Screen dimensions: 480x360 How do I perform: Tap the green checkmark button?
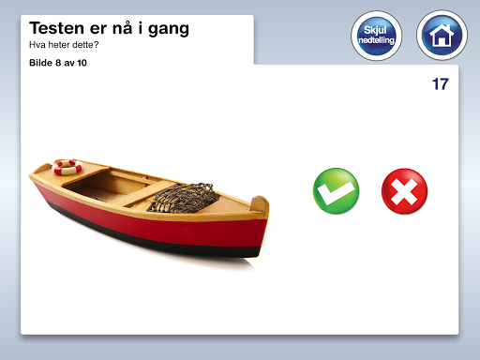coord(336,191)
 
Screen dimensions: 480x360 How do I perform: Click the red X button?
coord(404,191)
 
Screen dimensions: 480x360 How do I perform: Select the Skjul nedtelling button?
coord(377,36)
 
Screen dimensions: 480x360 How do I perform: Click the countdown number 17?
coord(441,84)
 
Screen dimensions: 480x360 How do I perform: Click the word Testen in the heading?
coord(56,28)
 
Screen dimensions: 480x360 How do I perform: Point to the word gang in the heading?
coord(169,29)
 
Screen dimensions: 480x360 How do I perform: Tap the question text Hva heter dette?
coord(64,45)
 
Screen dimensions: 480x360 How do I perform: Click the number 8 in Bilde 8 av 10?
coord(58,63)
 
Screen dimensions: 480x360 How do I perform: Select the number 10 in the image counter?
coord(82,63)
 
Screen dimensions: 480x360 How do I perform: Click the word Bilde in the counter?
coord(40,63)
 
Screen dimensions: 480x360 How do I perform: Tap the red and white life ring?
coord(67,167)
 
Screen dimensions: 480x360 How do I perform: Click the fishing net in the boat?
coord(183,198)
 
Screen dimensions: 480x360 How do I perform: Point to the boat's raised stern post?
coord(260,205)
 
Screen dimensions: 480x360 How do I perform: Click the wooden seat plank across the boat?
coord(148,194)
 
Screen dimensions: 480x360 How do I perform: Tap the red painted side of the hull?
coord(157,222)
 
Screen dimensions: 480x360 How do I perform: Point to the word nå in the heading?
coord(122,27)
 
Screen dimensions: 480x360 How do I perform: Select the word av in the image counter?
coord(68,64)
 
